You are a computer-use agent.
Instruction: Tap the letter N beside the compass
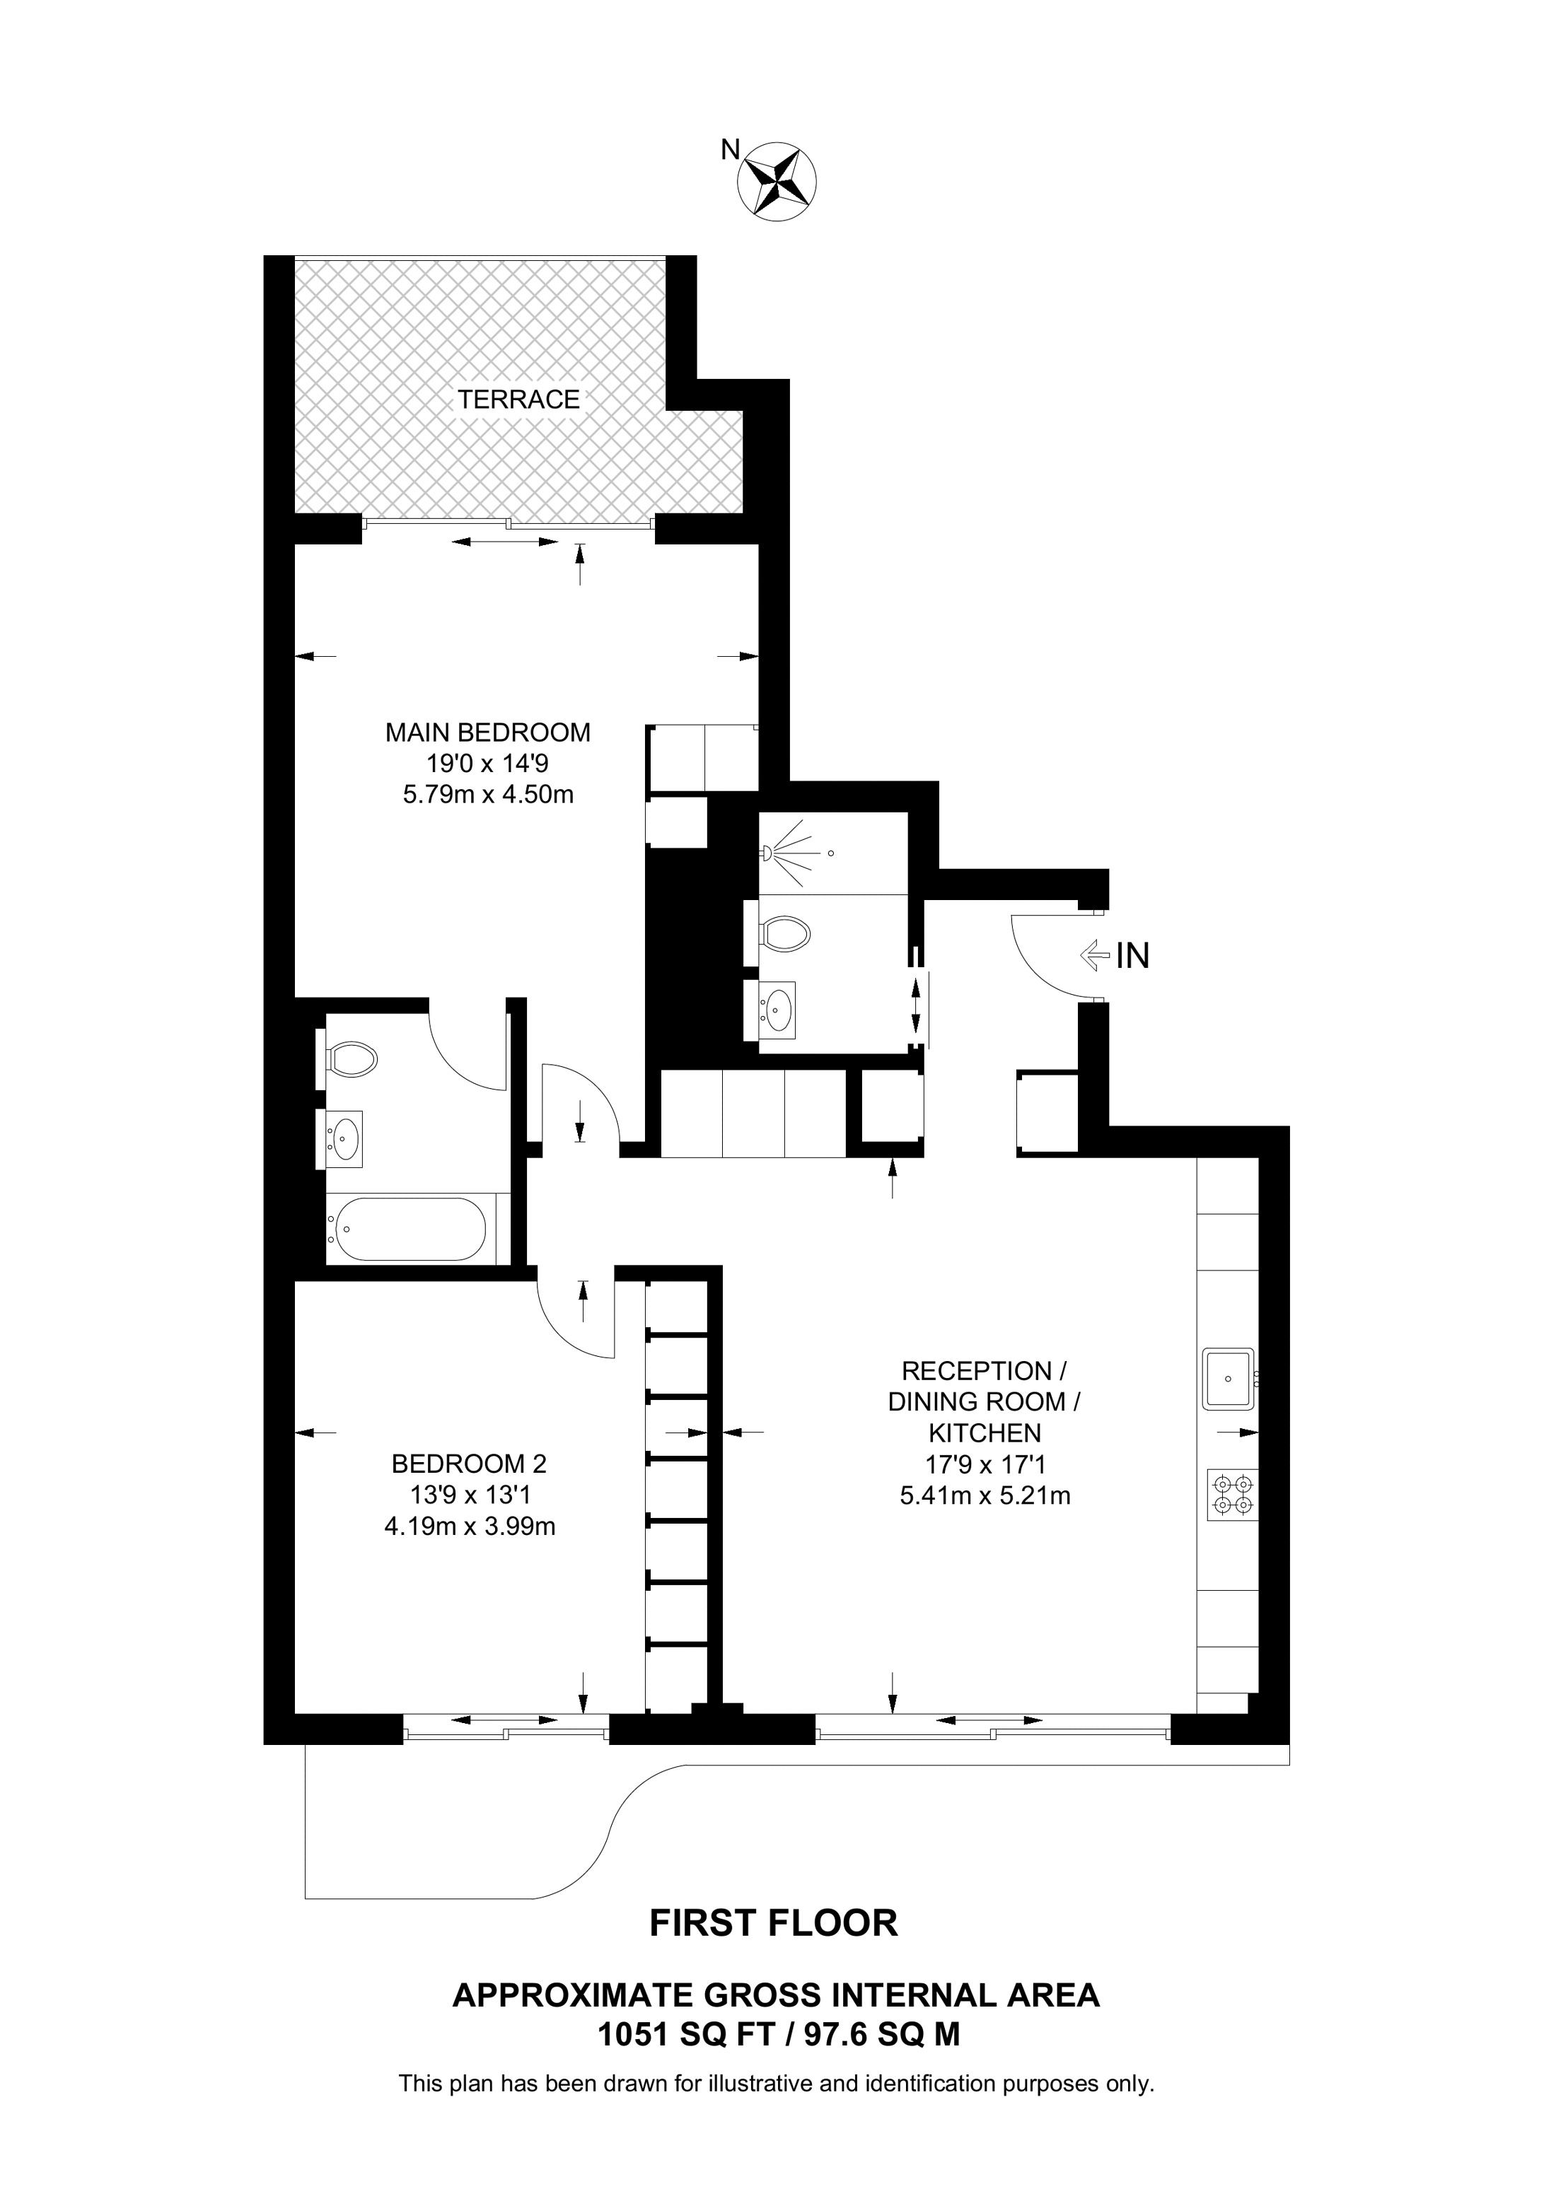pyautogui.click(x=731, y=150)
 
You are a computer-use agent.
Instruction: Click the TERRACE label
pyautogui.click(x=518, y=399)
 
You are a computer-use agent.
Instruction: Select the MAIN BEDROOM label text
pyautogui.click(x=488, y=733)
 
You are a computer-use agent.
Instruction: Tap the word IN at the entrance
pyautogui.click(x=1132, y=956)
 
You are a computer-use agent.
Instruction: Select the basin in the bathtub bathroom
pyautogui.click(x=340, y=1139)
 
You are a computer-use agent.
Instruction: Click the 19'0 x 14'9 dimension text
pyautogui.click(x=488, y=764)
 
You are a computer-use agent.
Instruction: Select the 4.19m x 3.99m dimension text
pyautogui.click(x=470, y=1526)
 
